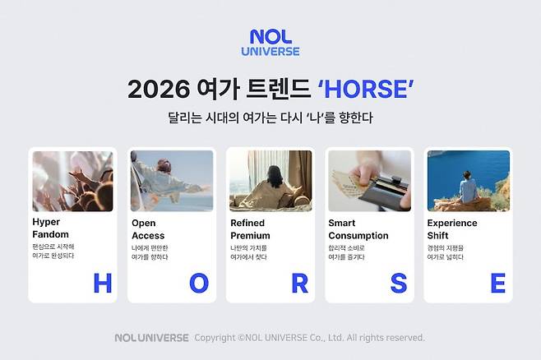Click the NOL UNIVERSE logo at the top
coord(270,43)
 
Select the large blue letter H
coord(102,283)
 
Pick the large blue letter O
coord(200,283)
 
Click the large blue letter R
coord(299,283)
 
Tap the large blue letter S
coord(398,283)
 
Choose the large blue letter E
coord(497,283)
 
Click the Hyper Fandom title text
coord(52,229)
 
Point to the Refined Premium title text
coord(251,229)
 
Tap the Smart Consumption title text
coord(358,229)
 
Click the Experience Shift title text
coord(451,229)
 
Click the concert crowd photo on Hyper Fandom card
coord(73,181)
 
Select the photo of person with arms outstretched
coord(172,181)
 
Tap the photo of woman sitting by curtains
coord(270,181)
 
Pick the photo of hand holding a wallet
coord(369,181)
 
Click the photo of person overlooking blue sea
coord(468,181)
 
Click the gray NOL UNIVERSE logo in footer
coord(151,338)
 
